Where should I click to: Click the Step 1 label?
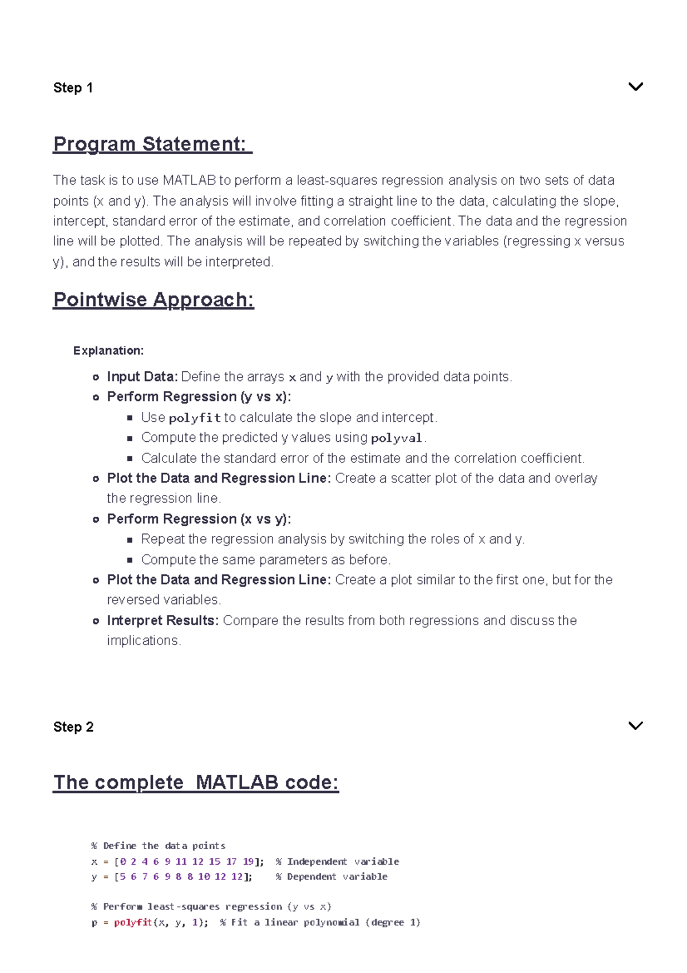point(73,88)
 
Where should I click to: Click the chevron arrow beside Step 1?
point(635,87)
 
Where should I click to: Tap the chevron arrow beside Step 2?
point(635,726)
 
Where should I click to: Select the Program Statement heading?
point(152,144)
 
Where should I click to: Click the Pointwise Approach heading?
point(153,300)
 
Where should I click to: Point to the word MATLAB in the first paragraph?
point(189,181)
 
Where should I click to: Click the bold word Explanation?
point(108,351)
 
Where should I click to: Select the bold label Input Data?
point(142,376)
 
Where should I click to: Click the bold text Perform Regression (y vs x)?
point(199,397)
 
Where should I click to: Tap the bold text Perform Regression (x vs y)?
point(199,519)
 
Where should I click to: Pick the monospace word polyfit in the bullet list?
point(195,418)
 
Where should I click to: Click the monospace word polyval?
point(396,438)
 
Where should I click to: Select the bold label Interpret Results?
point(163,621)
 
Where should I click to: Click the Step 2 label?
point(73,727)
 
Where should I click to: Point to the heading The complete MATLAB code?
point(196,783)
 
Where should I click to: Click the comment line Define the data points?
point(159,846)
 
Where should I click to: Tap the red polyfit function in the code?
point(133,923)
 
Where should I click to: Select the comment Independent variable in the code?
point(338,861)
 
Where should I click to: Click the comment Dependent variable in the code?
point(332,877)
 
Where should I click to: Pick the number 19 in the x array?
point(248,861)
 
